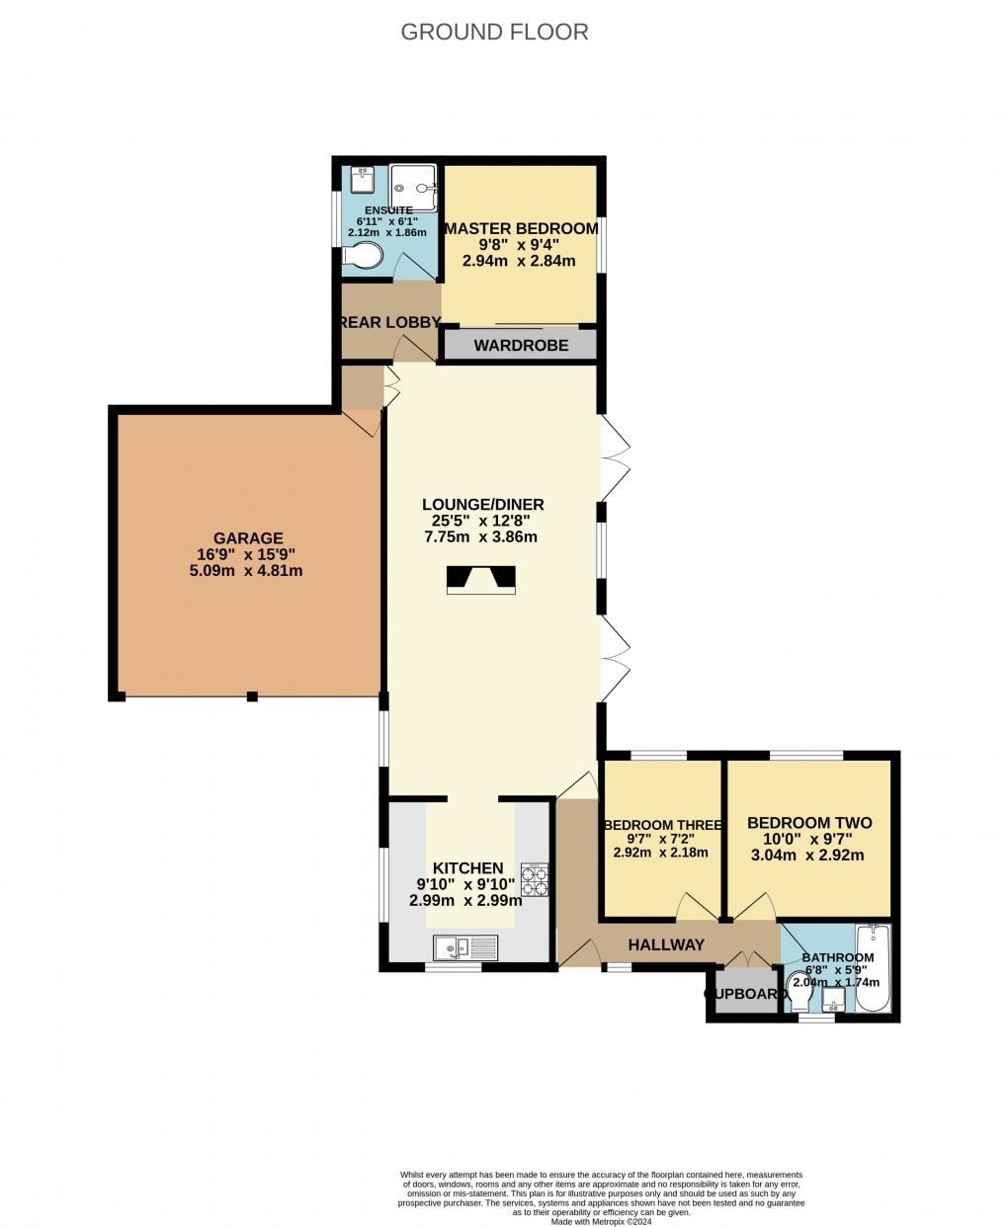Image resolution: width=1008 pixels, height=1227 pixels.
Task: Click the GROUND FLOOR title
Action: click(494, 32)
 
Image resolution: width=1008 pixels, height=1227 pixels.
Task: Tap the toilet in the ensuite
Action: click(363, 256)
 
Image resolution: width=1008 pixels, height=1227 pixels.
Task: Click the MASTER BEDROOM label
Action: click(521, 228)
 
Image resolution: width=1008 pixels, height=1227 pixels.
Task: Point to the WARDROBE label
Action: click(521, 346)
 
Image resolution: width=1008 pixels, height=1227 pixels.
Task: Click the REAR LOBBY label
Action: click(389, 322)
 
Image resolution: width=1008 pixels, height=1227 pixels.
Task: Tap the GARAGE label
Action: click(251, 538)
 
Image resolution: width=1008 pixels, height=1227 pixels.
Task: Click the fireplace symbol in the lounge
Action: click(481, 580)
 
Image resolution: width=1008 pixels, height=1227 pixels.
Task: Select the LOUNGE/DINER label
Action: click(481, 504)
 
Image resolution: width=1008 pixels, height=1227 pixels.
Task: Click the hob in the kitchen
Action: click(535, 879)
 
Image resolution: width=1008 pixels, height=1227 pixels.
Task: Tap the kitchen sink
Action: click(466, 948)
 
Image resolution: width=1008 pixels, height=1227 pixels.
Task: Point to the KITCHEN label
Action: click(467, 868)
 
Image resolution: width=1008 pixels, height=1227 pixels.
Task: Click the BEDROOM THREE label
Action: click(661, 825)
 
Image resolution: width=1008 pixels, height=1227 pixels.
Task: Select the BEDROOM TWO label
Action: click(809, 823)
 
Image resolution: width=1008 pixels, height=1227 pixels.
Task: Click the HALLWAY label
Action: click(666, 944)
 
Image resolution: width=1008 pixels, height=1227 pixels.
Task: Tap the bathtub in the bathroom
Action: click(873, 968)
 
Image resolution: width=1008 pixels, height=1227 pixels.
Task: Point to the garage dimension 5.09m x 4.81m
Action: click(251, 571)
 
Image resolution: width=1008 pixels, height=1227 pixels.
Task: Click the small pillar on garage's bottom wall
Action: click(252, 696)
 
